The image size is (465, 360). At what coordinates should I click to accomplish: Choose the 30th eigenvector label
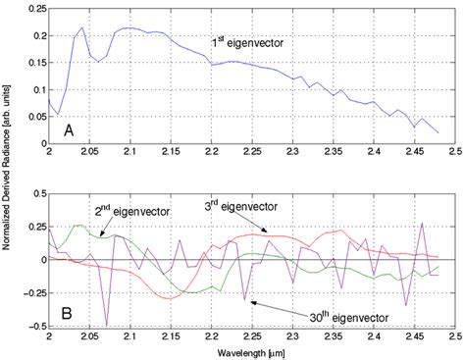[x=344, y=317]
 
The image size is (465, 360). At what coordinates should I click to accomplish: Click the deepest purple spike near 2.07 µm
[x=106, y=325]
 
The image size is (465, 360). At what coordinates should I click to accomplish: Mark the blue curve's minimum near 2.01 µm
[x=58, y=114]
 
